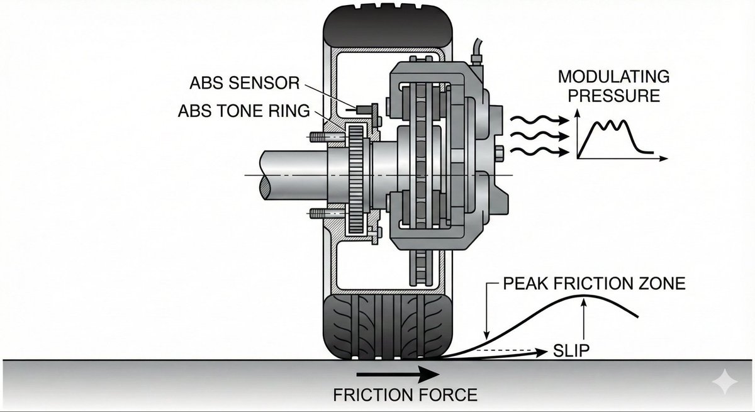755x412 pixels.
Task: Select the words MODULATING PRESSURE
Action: point(614,86)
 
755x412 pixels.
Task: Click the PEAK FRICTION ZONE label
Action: point(594,284)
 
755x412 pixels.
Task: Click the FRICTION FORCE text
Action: point(405,395)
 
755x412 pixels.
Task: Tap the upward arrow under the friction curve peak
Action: point(585,321)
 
